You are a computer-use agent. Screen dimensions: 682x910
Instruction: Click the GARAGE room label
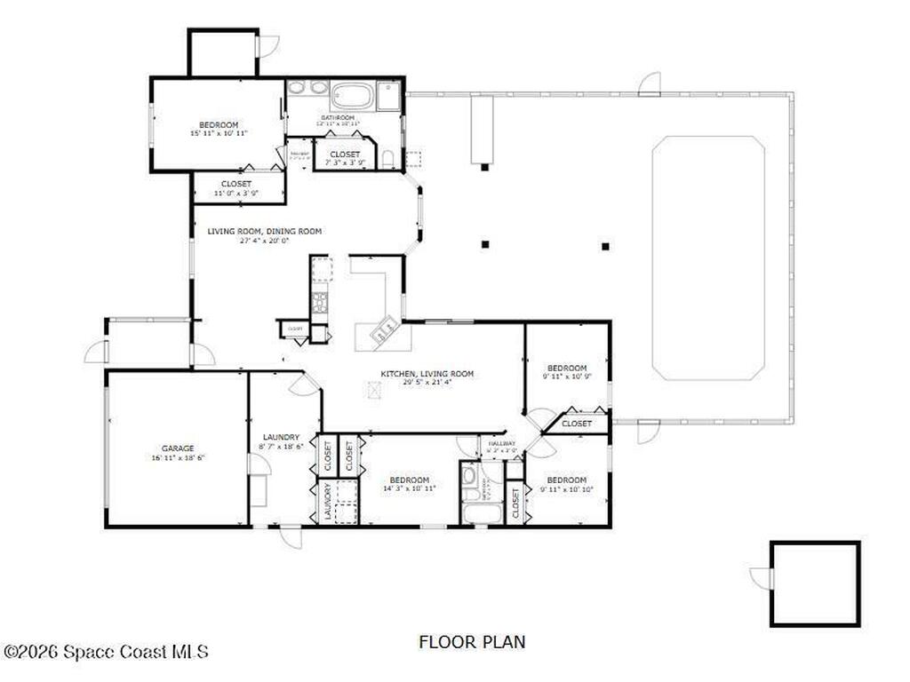click(x=178, y=448)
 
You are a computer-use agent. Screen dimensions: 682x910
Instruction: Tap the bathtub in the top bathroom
click(x=352, y=95)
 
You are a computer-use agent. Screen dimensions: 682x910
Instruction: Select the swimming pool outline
click(x=708, y=258)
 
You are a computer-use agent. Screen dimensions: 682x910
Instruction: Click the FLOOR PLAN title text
click(x=472, y=641)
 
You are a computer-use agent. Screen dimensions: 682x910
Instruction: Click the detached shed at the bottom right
click(x=815, y=583)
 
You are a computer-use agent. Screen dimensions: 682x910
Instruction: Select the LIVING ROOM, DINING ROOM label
click(x=264, y=231)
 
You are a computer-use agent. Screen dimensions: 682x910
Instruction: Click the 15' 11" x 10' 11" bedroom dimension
click(x=219, y=133)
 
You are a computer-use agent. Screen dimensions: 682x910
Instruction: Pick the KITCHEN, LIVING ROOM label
click(x=427, y=374)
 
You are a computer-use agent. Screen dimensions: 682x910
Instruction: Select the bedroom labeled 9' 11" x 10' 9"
click(x=567, y=372)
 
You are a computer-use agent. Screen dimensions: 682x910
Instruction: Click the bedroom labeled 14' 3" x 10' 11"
click(x=409, y=484)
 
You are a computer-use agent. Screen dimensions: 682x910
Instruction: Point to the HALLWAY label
click(x=501, y=443)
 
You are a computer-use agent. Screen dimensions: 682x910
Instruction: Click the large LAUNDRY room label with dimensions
click(x=281, y=441)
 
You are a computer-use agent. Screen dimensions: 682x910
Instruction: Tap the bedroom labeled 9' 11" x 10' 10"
click(x=567, y=484)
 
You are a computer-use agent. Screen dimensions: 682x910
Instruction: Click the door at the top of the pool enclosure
click(x=651, y=85)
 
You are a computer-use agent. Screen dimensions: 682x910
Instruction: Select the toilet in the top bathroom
click(x=388, y=159)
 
